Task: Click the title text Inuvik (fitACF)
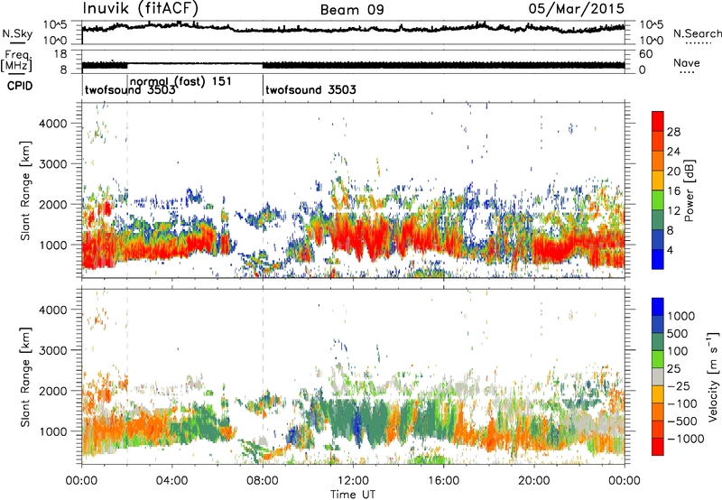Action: [140, 10]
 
